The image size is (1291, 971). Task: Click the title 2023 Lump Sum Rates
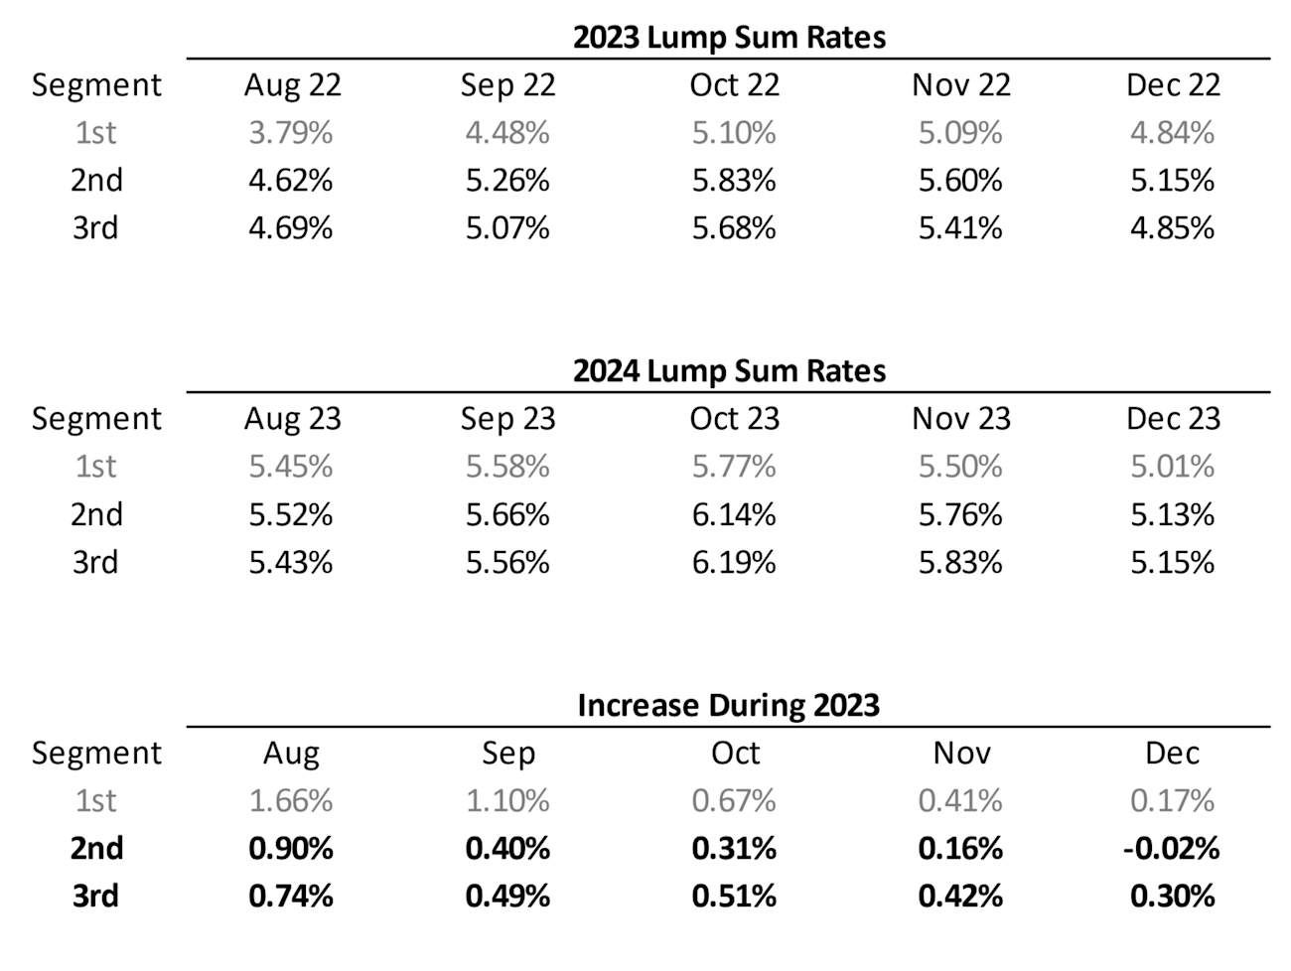coord(728,37)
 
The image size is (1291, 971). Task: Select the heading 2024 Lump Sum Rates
coord(728,370)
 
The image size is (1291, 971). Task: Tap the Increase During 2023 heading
coord(728,705)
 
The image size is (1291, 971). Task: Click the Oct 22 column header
coord(734,84)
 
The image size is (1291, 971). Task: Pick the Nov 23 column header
coord(960,418)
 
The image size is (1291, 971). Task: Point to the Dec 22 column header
coord(1172,84)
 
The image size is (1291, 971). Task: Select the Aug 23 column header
coord(292,418)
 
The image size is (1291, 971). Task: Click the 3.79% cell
coord(291,132)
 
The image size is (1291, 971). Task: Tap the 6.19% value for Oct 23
coord(734,562)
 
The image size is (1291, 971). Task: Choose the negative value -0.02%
coord(1172,848)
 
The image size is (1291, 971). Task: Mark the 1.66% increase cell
coord(291,800)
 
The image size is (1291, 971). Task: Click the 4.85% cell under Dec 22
coord(1172,227)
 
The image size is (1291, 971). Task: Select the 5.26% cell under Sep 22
coord(507,180)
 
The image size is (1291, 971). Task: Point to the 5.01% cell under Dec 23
coord(1172,466)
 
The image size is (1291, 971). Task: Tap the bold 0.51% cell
coord(734,896)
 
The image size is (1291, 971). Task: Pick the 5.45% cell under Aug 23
coord(291,466)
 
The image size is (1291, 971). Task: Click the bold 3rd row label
coord(95,896)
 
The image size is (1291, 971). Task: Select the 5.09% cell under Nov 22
coord(960,132)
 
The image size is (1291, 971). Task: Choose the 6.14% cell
coord(734,514)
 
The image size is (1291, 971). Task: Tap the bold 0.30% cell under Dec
coord(1172,896)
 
